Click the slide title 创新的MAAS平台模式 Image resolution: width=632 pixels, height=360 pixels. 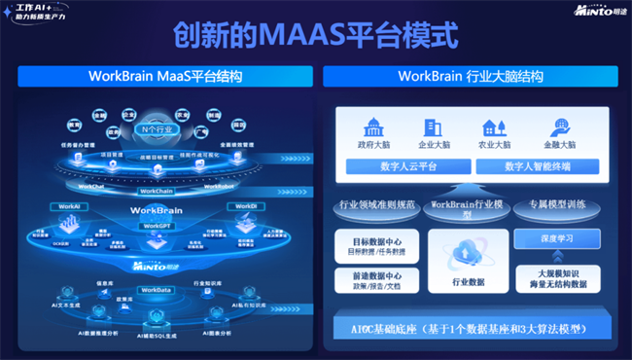coord(315,36)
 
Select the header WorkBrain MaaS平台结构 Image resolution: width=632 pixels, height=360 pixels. coord(165,76)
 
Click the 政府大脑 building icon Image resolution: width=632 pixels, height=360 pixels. coord(373,127)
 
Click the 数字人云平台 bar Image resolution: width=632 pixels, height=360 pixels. coord(408,166)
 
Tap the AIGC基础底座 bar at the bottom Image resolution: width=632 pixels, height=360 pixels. coord(473,329)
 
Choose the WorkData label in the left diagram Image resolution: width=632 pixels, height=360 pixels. coord(158,290)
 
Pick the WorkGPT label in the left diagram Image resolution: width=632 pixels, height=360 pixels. coord(158,225)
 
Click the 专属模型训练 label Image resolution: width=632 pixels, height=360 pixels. coord(557,204)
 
